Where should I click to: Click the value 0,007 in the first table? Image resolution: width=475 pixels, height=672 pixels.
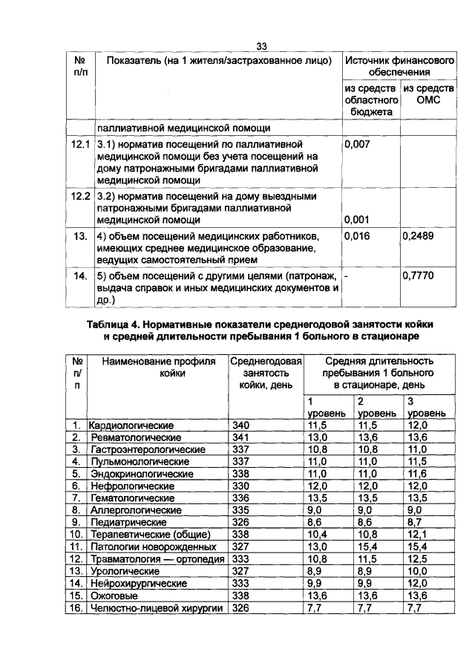357,145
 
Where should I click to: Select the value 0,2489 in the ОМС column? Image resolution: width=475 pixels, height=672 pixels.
418,235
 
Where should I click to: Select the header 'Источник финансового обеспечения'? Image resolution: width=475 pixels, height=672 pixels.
399,67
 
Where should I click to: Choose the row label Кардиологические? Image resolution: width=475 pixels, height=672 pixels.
131,425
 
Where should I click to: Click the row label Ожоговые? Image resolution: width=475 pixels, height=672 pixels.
111,596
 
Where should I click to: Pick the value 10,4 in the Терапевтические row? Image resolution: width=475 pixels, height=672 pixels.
317,535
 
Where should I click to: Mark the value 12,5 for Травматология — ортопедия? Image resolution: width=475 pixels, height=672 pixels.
418,558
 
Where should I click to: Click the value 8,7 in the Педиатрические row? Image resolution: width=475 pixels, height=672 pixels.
414,523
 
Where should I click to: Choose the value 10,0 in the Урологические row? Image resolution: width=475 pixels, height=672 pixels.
418,571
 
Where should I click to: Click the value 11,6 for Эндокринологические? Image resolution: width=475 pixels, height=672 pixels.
417,474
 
